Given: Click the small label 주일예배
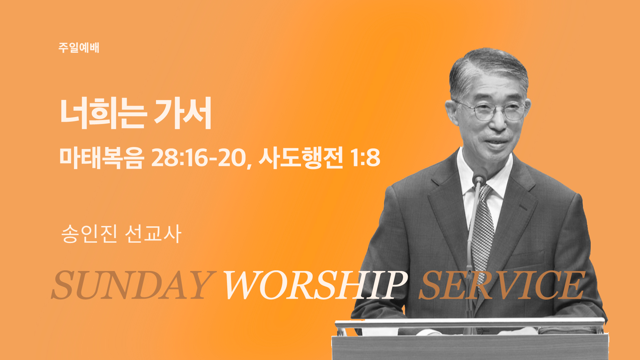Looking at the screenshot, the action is click(x=79, y=48).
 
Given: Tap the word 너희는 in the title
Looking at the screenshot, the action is click(x=102, y=113).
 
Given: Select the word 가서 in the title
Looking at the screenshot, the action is click(x=183, y=113).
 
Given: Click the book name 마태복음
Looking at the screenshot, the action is click(x=102, y=158).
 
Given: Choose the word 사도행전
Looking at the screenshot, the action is click(x=301, y=158).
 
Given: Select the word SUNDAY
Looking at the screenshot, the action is click(x=132, y=285).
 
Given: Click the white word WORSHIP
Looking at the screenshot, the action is click(x=315, y=285).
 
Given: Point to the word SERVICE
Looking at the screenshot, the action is click(x=502, y=285).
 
